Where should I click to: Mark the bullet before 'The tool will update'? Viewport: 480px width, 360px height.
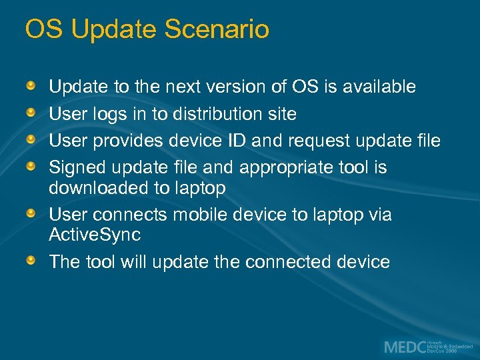point(31,261)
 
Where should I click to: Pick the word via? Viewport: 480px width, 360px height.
point(378,215)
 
